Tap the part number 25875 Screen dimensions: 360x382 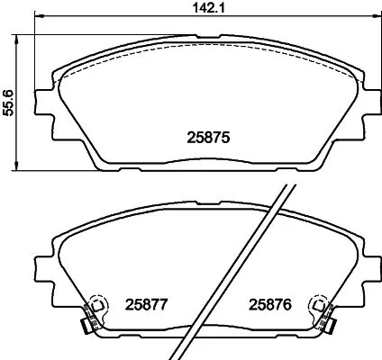209,139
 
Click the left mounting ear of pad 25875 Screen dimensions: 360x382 41,105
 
